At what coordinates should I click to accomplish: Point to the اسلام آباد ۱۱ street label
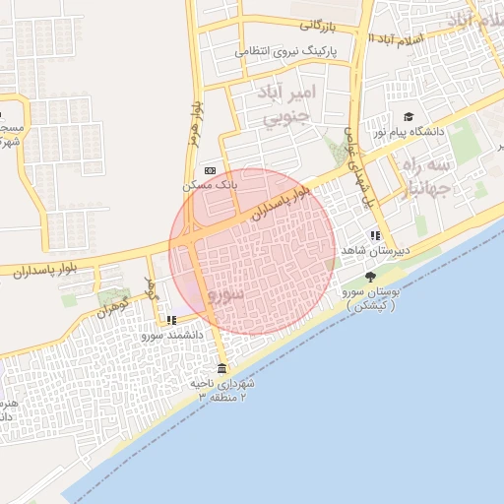click(396, 36)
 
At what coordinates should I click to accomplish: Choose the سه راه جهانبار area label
click(426, 174)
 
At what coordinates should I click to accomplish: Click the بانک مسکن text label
click(211, 184)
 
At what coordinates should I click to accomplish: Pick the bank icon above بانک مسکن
click(209, 170)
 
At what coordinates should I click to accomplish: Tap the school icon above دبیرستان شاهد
click(375, 235)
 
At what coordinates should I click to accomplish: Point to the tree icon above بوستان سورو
click(370, 277)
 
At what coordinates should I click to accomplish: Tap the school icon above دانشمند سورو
click(172, 320)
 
